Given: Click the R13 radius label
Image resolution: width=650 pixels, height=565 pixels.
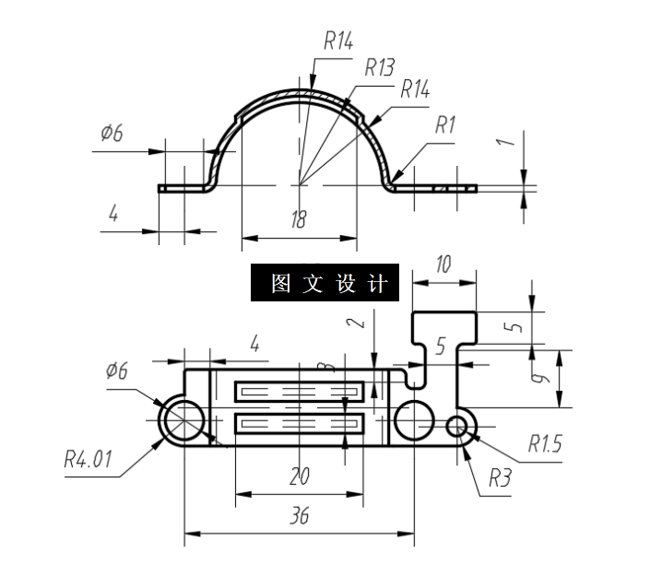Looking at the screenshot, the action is pyautogui.click(x=379, y=67).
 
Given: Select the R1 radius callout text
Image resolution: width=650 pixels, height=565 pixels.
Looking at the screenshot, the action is pyautogui.click(x=446, y=124).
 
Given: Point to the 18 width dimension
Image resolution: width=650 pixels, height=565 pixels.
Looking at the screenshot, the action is pyautogui.click(x=299, y=219).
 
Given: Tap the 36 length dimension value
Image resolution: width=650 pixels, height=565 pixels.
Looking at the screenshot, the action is pyautogui.click(x=299, y=516).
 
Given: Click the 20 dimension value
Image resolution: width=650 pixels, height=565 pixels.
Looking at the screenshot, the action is pyautogui.click(x=299, y=477).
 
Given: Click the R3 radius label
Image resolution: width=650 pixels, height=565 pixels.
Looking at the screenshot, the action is pyautogui.click(x=500, y=478).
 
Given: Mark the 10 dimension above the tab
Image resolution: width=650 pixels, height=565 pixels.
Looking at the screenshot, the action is pyautogui.click(x=443, y=266).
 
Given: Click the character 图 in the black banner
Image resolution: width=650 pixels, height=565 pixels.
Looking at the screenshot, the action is pyautogui.click(x=280, y=284).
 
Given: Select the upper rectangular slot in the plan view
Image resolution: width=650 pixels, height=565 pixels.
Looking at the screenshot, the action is pyautogui.click(x=301, y=393).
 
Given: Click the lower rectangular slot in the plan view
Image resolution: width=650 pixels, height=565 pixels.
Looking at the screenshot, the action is pyautogui.click(x=301, y=424).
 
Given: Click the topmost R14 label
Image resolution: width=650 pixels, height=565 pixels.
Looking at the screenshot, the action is pyautogui.click(x=338, y=41).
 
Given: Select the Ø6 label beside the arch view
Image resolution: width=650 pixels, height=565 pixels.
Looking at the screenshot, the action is pyautogui.click(x=112, y=134).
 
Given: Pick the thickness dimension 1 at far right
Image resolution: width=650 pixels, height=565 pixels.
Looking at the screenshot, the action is pyautogui.click(x=503, y=143).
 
